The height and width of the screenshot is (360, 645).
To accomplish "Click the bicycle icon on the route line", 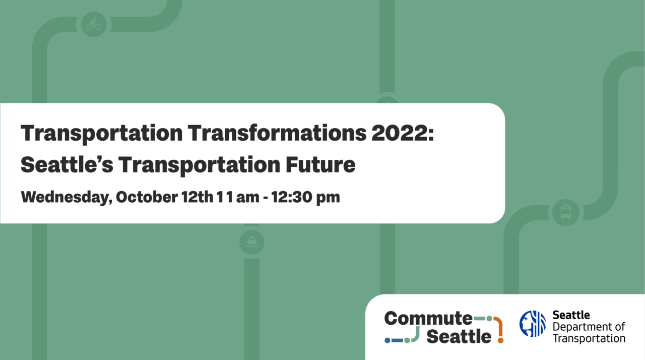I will pos(94,24).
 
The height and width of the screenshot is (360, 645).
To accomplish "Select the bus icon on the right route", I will pos(565,211).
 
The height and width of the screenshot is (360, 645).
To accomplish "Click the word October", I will pos(146,197).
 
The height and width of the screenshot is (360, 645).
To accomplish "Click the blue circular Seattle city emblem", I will pos(532,323).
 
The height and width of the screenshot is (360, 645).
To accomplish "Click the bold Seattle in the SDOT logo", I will pos(571,315).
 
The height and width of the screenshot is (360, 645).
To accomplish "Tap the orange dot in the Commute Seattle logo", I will pos(500,340).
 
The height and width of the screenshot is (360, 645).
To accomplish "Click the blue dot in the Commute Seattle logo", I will pos(388,340).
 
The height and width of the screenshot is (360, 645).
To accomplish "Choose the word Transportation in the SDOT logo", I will pos(589,338).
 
